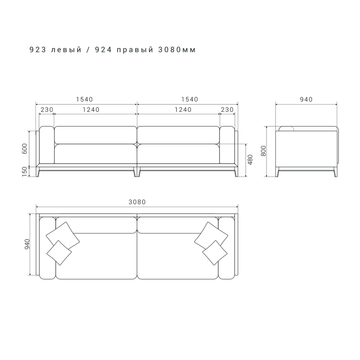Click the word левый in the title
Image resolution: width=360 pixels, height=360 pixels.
(66, 50)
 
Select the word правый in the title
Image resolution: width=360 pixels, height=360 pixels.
(135, 50)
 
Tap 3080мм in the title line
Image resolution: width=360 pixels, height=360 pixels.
(177, 50)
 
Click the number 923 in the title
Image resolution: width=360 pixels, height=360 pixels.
(38, 50)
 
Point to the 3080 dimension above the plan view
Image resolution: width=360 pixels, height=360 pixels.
(137, 202)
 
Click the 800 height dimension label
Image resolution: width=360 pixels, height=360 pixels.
(264, 151)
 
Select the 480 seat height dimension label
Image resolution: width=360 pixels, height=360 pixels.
(250, 160)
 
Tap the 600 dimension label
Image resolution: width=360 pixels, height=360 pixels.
(25, 149)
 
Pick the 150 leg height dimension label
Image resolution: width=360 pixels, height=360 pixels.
(25, 172)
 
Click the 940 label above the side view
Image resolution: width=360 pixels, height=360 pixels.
(306, 99)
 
